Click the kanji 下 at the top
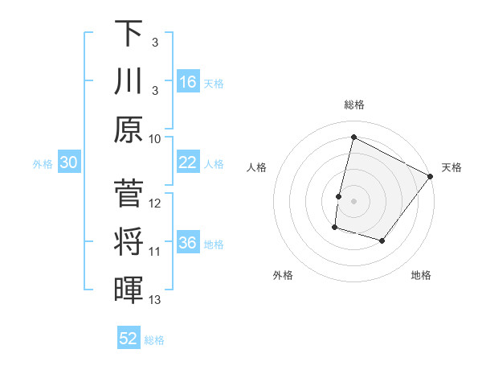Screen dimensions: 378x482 pos(129,33)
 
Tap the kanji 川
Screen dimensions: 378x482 pos(129,81)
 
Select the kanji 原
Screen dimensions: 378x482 pos(129,129)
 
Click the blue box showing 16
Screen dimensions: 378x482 pos(188,81)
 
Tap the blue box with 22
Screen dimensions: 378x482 pos(188,162)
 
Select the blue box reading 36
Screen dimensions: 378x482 pos(188,243)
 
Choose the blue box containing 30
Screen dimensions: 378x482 pos(69,162)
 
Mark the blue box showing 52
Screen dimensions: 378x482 pos(129,339)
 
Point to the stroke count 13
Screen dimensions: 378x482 pos(155,300)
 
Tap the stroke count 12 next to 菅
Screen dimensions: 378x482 pos(155,203)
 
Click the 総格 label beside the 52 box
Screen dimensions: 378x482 pos(154,340)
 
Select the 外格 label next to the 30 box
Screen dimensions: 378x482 pos(43,164)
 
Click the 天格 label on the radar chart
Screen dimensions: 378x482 pos(451,167)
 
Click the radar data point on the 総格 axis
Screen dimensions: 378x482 pos(353,138)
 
